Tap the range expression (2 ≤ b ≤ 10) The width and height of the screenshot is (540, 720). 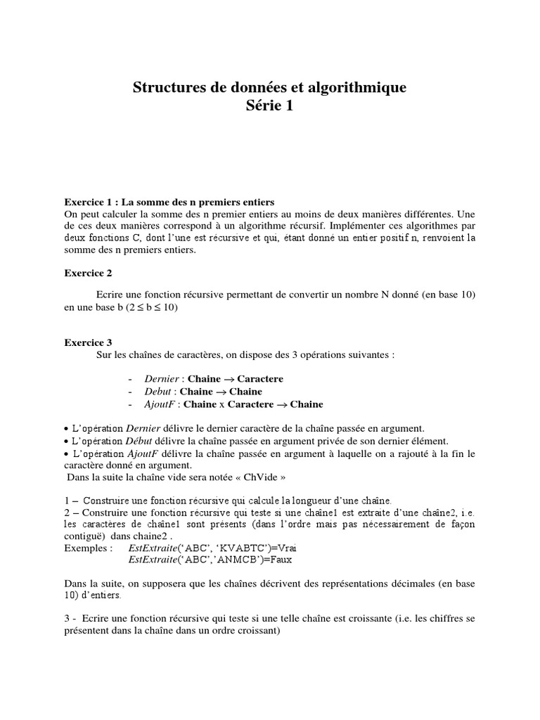(x=151, y=307)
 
